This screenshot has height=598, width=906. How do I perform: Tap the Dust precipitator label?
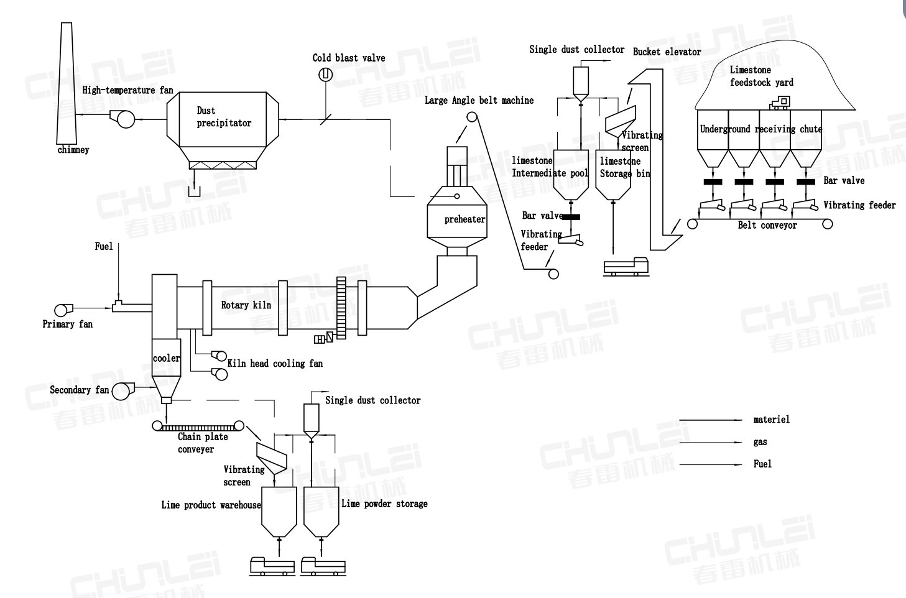pyautogui.click(x=224, y=117)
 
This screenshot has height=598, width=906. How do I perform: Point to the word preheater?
pyautogui.click(x=465, y=219)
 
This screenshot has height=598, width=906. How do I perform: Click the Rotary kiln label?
pyautogui.click(x=246, y=305)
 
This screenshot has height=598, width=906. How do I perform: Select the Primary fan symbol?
pyautogui.click(x=63, y=309)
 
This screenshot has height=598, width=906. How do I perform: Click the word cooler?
pyautogui.click(x=166, y=358)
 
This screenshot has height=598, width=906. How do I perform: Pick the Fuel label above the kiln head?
pyautogui.click(x=104, y=247)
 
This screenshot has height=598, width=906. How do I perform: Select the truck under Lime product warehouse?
pyautogui.click(x=272, y=565)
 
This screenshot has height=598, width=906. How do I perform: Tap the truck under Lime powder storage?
pyautogui.click(x=321, y=565)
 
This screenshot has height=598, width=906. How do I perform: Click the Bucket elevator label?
pyautogui.click(x=667, y=52)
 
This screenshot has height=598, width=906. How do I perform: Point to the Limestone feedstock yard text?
pyautogui.click(x=761, y=76)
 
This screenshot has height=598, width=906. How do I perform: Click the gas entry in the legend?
pyautogui.click(x=760, y=442)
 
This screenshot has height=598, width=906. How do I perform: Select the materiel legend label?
pyautogui.click(x=771, y=420)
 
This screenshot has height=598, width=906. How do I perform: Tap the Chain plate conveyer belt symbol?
pyautogui.click(x=199, y=426)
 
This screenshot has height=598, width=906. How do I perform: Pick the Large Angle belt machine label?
pyautogui.click(x=479, y=100)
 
